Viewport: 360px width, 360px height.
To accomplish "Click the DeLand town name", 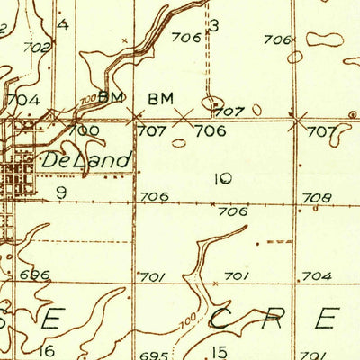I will (86, 160).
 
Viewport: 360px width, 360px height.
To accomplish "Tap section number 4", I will (62, 24).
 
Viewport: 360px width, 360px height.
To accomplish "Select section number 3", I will (214, 25).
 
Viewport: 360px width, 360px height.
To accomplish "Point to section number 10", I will (223, 179).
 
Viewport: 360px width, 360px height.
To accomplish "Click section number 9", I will (61, 192).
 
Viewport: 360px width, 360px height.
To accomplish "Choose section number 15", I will (219, 350).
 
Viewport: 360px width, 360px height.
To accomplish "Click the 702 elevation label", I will (37, 47).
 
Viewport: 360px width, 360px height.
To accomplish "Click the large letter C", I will (222, 318).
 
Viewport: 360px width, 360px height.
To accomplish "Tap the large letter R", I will (274, 318).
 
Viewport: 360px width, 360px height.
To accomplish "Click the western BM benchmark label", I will (110, 97).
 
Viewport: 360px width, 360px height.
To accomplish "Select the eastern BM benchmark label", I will (160, 97).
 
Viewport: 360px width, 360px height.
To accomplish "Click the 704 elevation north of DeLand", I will (22, 100).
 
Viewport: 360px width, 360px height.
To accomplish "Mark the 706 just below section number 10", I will (232, 211).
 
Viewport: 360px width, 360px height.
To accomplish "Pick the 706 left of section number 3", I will (185, 38).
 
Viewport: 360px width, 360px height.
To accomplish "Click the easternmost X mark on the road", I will (297, 118).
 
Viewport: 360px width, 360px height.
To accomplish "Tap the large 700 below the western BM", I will (83, 130).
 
